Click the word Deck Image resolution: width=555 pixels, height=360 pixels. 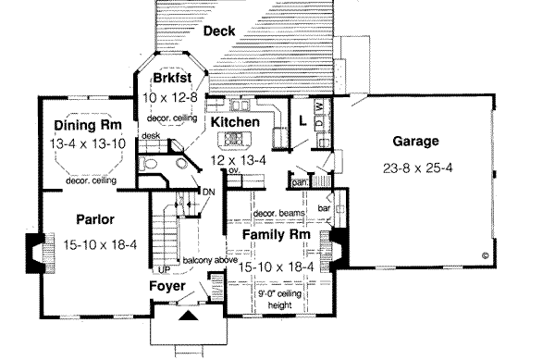tap(219, 31)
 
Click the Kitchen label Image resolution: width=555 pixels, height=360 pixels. tap(233, 122)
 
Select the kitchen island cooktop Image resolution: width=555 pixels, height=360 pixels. tap(232, 141)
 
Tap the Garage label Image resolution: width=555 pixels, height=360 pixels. tap(414, 142)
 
